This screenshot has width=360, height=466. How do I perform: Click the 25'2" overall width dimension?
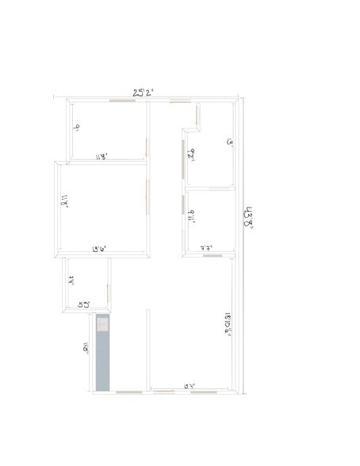click(x=144, y=93)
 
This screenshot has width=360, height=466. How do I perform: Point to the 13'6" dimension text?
click(x=100, y=249)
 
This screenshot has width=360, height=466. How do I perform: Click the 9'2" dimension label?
click(x=190, y=154)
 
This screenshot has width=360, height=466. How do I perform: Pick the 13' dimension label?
click(x=230, y=143)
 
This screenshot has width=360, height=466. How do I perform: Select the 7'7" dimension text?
click(x=209, y=248)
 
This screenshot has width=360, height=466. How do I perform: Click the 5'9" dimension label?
click(x=83, y=304)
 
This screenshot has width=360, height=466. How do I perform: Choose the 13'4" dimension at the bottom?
click(x=190, y=386)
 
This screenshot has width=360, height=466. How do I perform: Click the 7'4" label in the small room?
click(x=71, y=280)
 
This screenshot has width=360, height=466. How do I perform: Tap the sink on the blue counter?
click(x=102, y=323)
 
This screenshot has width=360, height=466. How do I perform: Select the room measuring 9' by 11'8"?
click(x=107, y=131)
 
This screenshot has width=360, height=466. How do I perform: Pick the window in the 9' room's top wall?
click(x=121, y=101)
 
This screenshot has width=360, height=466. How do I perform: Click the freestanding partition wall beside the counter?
click(x=148, y=349)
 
